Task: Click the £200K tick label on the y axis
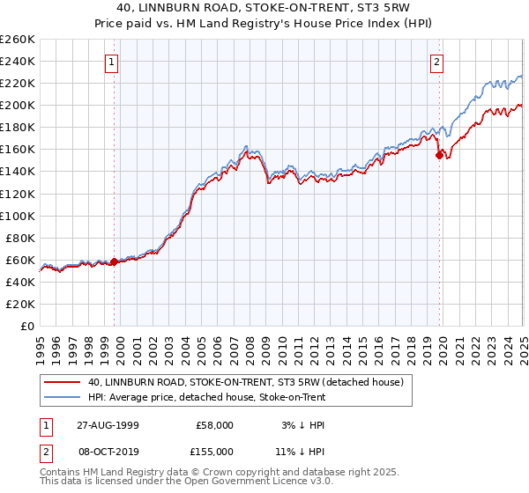17,105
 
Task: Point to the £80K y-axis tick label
19,238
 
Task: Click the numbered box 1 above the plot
113,62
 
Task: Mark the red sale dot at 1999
115,261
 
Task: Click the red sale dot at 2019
439,154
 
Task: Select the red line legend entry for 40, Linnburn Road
245,382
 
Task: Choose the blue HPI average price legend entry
206,397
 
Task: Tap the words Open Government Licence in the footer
248,483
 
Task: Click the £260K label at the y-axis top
17,39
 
